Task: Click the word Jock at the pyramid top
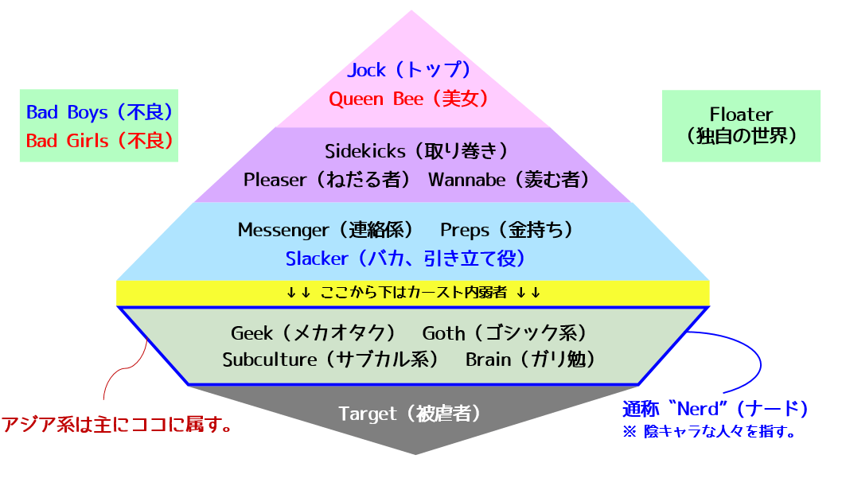[x=367, y=70]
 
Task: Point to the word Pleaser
[x=275, y=180]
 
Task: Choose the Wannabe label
[x=466, y=180]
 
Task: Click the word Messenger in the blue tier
[x=283, y=230]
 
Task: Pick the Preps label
[x=465, y=230]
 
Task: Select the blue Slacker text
[x=317, y=259]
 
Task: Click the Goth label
[x=443, y=332]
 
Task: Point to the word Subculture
[x=269, y=360]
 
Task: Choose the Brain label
[x=488, y=360]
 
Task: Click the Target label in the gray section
[x=367, y=414]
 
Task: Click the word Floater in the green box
[x=741, y=114]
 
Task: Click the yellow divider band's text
[x=414, y=293]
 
